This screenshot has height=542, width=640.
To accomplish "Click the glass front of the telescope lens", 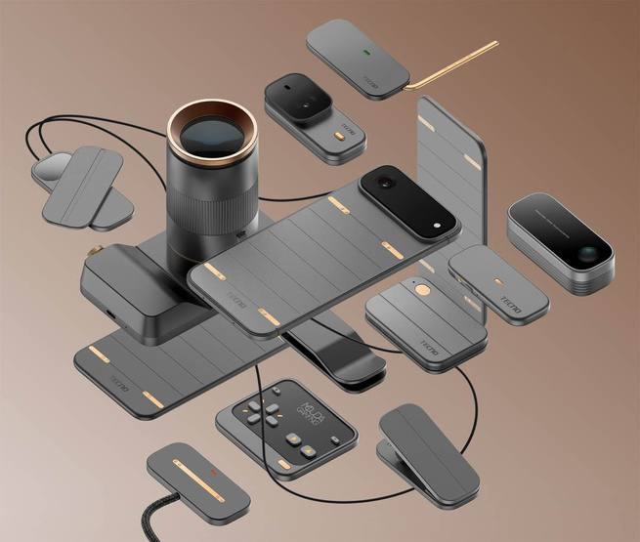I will tap(212, 134).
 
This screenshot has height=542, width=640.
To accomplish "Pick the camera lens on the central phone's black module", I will tap(385, 183).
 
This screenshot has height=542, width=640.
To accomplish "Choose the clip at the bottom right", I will tap(430, 449).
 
